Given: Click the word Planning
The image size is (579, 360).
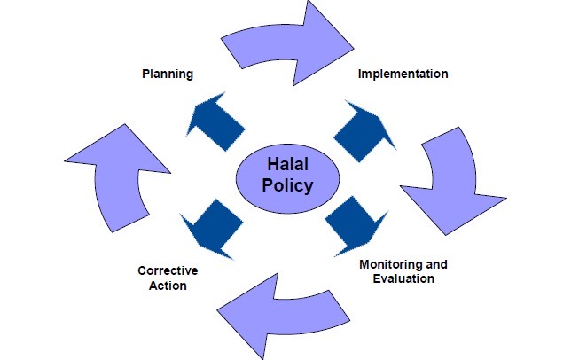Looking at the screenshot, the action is pyautogui.click(x=168, y=74).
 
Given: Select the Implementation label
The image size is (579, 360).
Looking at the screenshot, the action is pyautogui.click(x=403, y=74).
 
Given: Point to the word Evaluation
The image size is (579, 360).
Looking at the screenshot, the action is pyautogui.click(x=403, y=278).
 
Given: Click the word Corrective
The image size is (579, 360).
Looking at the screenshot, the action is pyautogui.click(x=168, y=270).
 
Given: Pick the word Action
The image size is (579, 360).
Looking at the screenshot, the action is pyautogui.click(x=168, y=286).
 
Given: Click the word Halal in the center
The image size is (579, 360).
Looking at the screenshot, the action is pyautogui.click(x=287, y=164).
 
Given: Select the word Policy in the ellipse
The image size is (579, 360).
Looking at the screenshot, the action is pyautogui.click(x=287, y=185).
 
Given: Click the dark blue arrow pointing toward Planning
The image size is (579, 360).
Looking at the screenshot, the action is pyautogui.click(x=215, y=121).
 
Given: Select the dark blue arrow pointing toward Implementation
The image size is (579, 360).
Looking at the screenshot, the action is pyautogui.click(x=364, y=131).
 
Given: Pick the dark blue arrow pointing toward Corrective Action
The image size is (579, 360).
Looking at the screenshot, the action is pyautogui.click(x=212, y=229).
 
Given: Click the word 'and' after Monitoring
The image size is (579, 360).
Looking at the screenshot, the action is pyautogui.click(x=436, y=264).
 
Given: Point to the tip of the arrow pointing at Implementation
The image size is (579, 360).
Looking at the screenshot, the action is pyautogui.click(x=396, y=150).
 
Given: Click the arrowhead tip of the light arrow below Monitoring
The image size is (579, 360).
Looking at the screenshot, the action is pyautogui.click(x=217, y=310).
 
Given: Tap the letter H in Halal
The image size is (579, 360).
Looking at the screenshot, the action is pyautogui.click(x=272, y=164).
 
